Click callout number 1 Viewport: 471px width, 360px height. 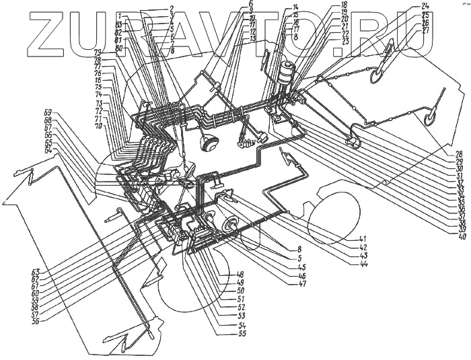point(119,15)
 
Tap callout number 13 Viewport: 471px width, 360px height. point(252,38)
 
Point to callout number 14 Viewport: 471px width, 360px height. point(295,7)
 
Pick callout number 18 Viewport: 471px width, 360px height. point(344,5)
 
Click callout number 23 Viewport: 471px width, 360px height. point(345,42)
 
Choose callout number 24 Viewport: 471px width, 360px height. point(425,6)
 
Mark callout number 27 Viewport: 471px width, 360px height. point(425,30)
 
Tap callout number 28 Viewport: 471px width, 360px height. point(459,153)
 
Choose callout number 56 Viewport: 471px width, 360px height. point(35,321)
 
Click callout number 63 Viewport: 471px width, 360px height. point(35,272)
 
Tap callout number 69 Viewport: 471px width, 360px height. point(48,111)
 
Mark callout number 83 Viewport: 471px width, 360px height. point(119,25)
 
